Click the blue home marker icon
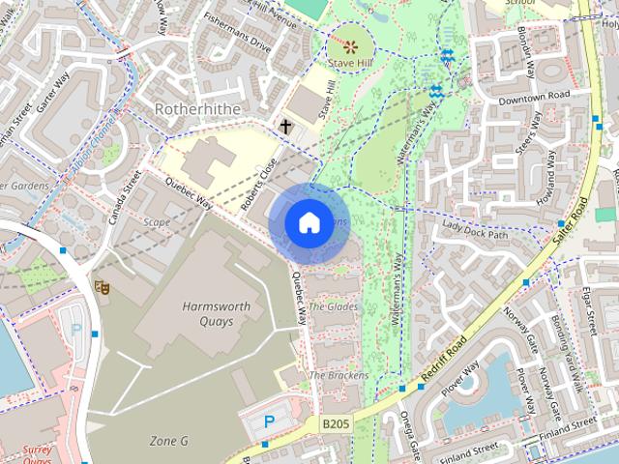click(308, 223)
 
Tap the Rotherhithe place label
click(197, 110)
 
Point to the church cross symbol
click(285, 126)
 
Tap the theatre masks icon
click(100, 287)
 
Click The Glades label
click(333, 306)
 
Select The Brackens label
click(338, 375)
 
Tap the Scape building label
click(156, 221)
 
